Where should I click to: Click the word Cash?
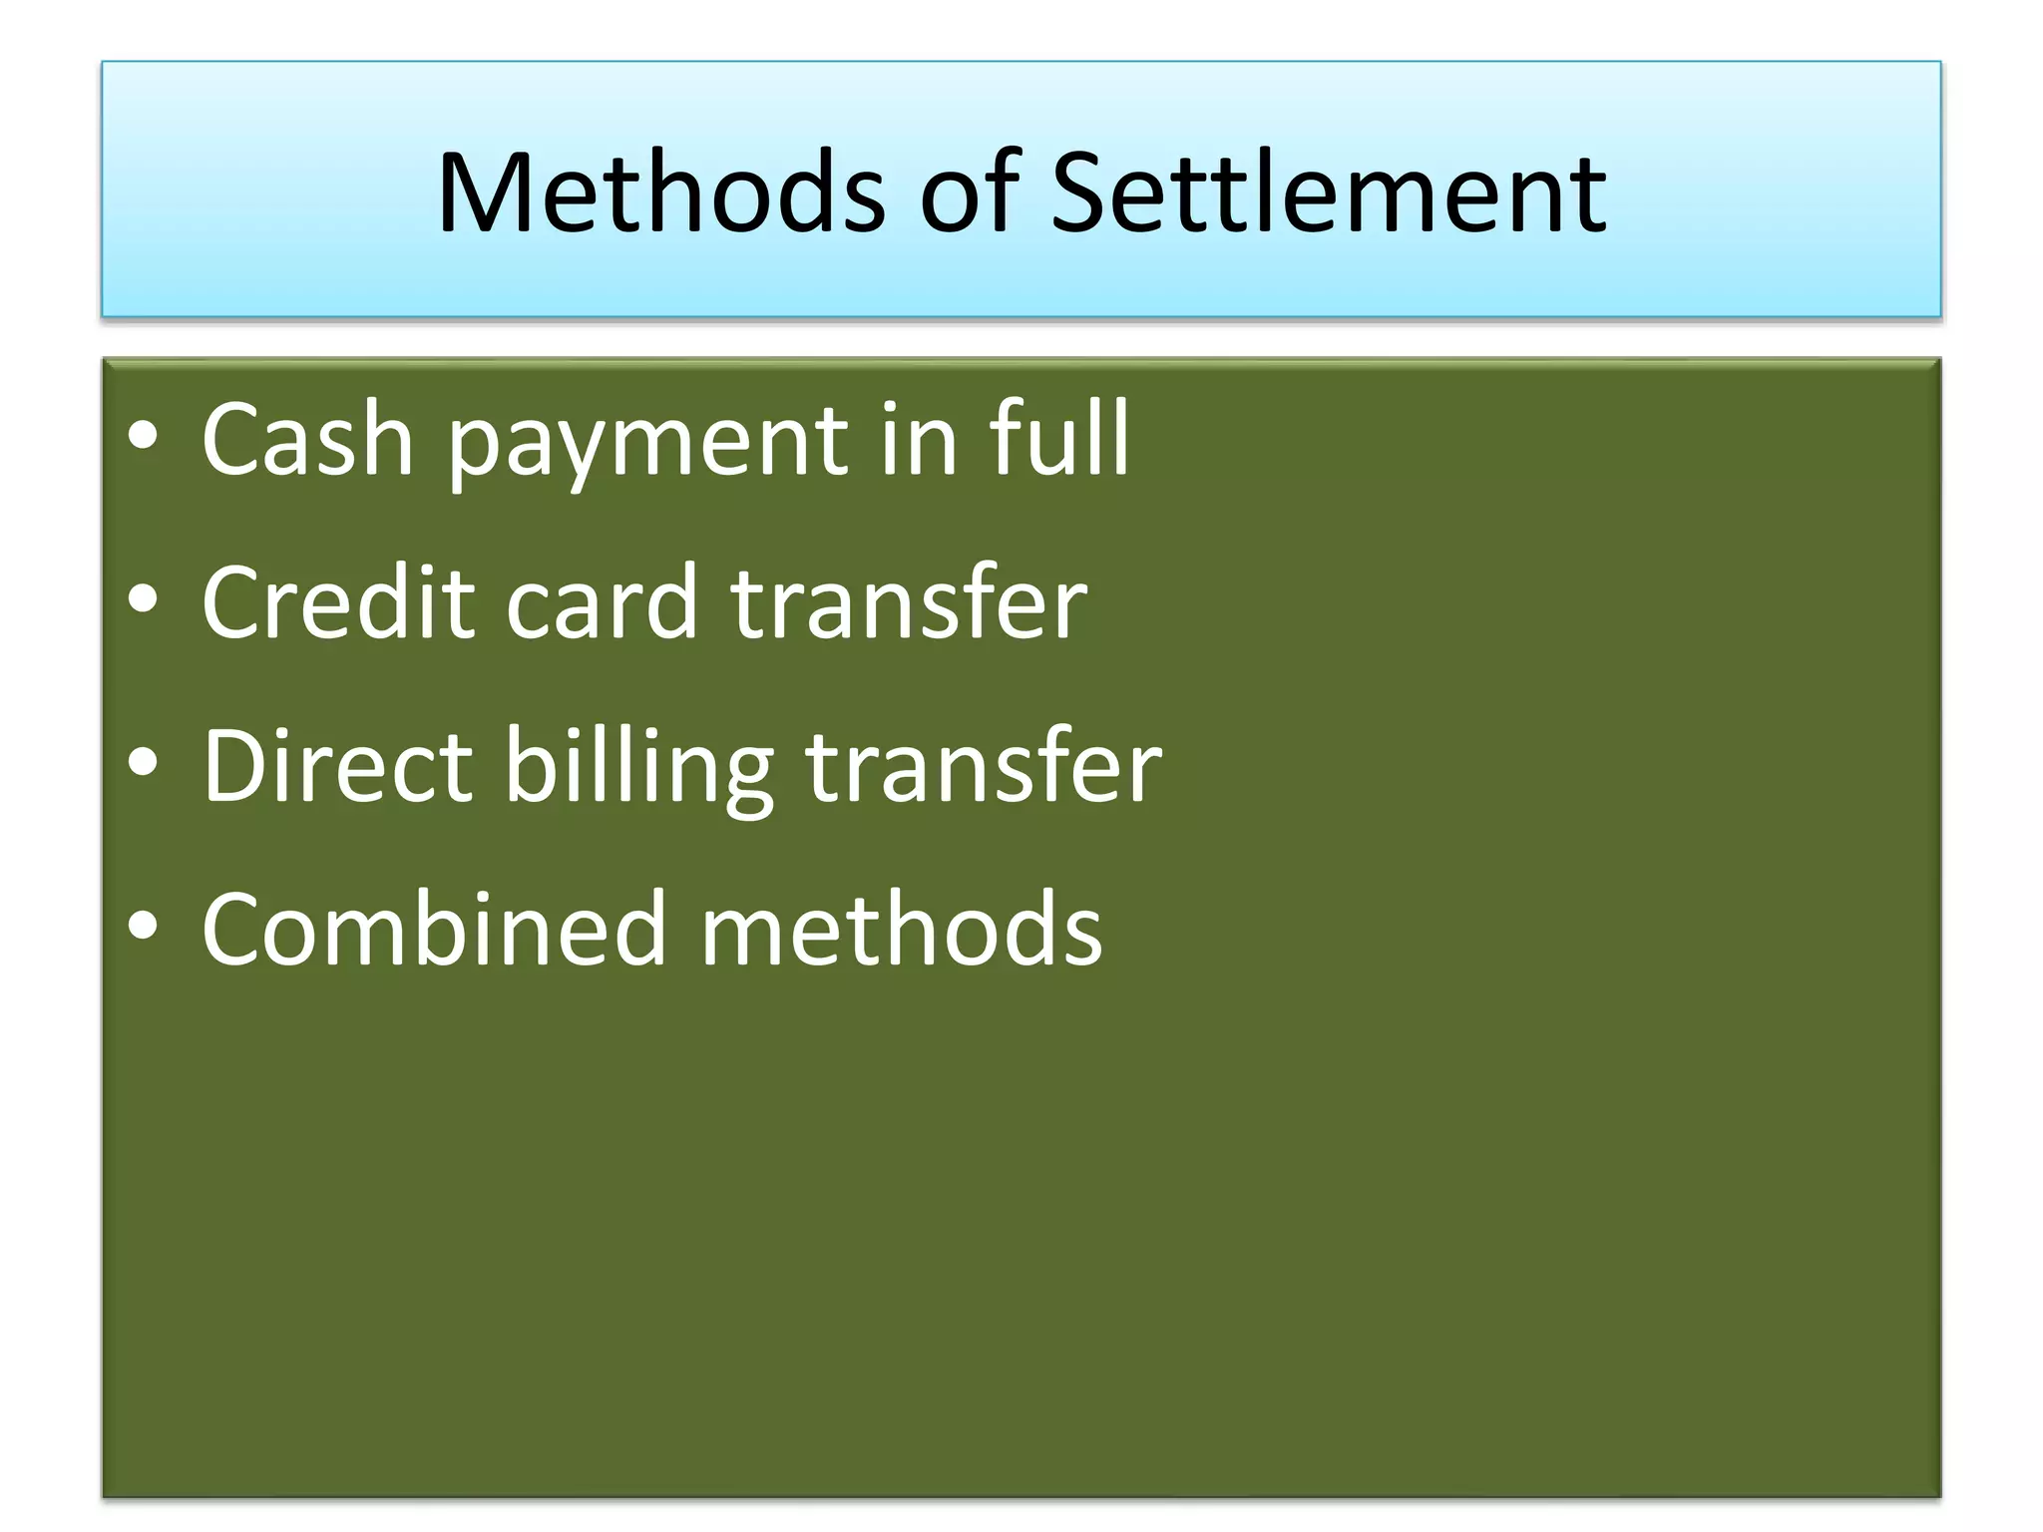307,439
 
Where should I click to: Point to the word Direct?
337,765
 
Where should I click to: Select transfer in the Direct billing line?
983,765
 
